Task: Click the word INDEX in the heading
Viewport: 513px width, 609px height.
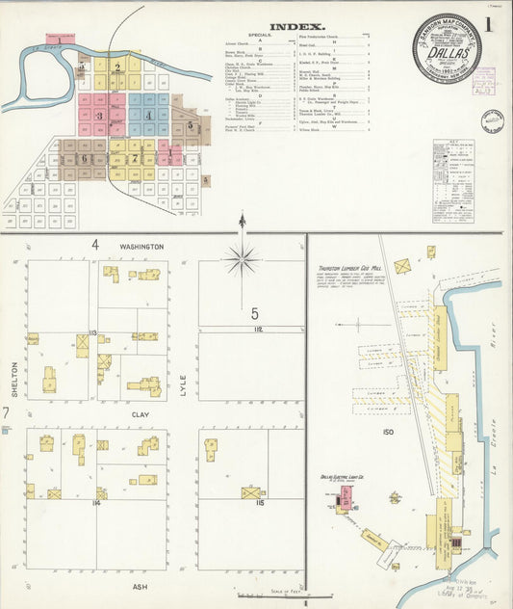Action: (x=296, y=27)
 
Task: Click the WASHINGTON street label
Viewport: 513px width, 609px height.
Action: (x=141, y=247)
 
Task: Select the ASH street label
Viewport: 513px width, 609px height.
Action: (x=141, y=584)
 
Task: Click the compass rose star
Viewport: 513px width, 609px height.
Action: (x=242, y=257)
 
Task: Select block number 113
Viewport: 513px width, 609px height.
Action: (x=93, y=332)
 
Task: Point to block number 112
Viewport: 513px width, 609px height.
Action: (x=258, y=329)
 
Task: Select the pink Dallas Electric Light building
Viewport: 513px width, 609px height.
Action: (x=345, y=497)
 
